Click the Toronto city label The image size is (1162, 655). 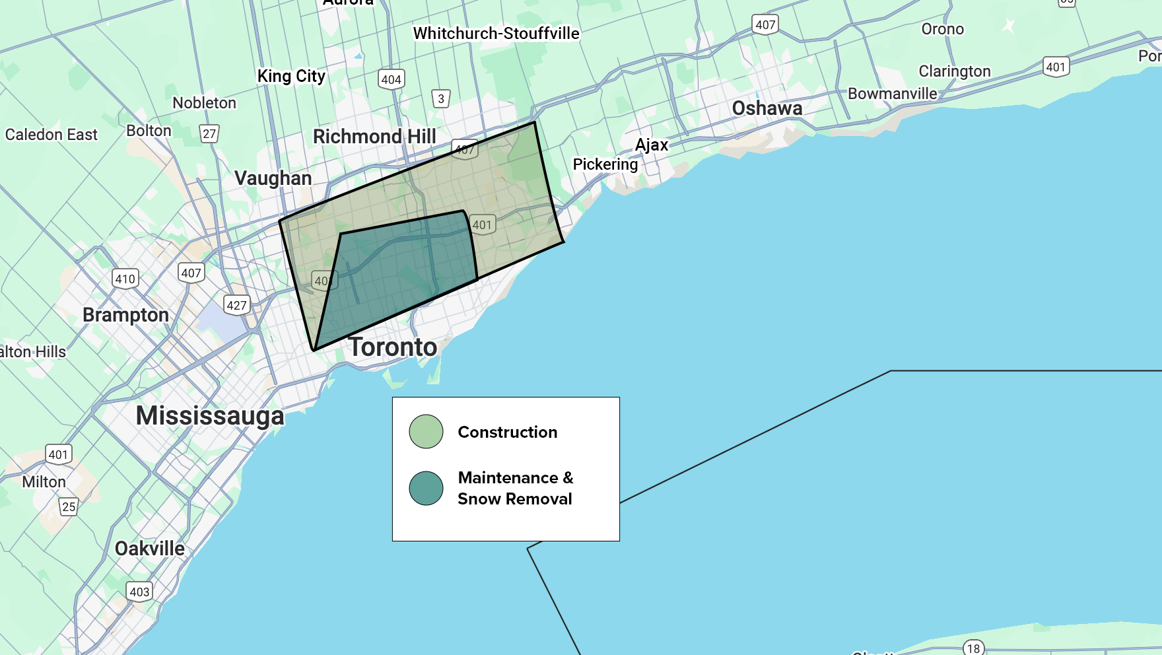click(393, 347)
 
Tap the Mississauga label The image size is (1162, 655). click(210, 416)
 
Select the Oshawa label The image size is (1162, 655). click(767, 108)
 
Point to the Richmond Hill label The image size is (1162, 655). click(374, 137)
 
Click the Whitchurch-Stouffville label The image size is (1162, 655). click(496, 34)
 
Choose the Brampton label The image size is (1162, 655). click(125, 315)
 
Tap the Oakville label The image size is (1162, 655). click(150, 549)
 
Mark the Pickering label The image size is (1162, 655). click(605, 164)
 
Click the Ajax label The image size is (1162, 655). click(652, 145)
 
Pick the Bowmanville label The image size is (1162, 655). click(892, 94)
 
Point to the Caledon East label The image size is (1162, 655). click(51, 135)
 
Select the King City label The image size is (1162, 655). click(291, 77)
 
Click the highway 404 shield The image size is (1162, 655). click(391, 80)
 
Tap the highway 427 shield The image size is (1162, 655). click(236, 305)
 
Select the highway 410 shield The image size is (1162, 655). click(125, 279)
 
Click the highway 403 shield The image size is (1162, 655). click(139, 592)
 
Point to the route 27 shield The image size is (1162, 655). click(209, 134)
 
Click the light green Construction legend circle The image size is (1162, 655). click(426, 432)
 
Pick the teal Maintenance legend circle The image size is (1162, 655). click(426, 489)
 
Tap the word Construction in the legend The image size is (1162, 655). click(507, 432)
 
